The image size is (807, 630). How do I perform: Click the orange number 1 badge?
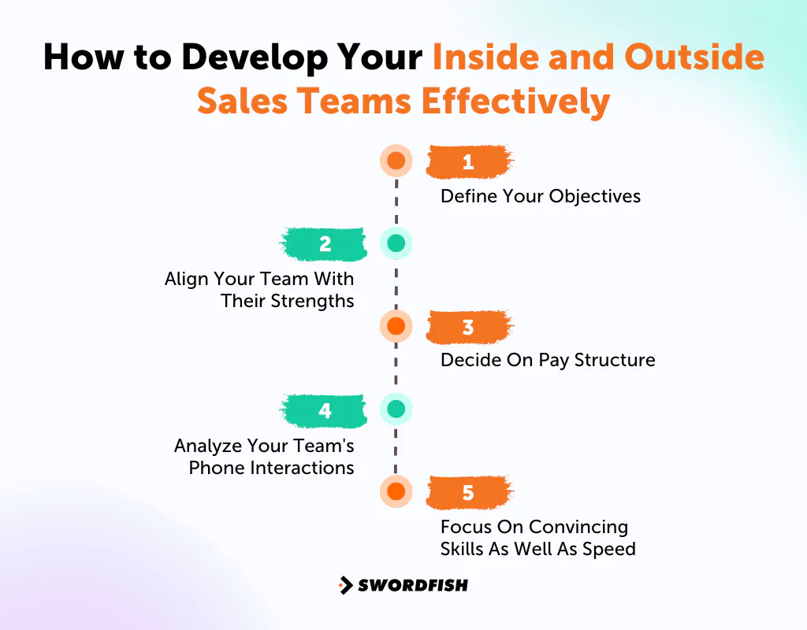coord(469,161)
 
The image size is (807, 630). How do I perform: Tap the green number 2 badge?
coord(324,244)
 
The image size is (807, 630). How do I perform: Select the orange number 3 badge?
coord(469,327)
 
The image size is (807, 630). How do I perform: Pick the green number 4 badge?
coord(324,410)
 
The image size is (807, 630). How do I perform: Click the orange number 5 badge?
coord(469,493)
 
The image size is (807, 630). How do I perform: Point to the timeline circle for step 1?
coord(396,161)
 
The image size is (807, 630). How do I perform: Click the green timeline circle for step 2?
coord(396,244)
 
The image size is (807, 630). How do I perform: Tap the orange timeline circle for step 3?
coord(396,326)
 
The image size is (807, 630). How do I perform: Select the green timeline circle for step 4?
coord(396,409)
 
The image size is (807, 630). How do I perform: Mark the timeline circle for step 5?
coord(396,492)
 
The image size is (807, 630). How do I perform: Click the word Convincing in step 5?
coord(578,527)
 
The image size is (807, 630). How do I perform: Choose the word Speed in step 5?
coord(610,549)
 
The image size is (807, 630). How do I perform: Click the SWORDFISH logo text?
coord(413,585)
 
